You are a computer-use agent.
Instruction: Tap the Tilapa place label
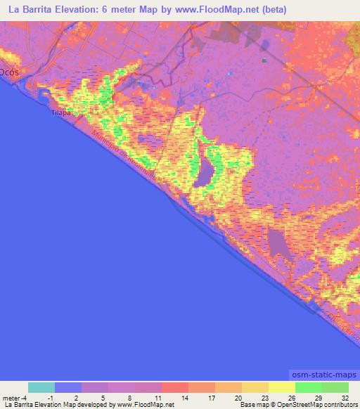click(61, 112)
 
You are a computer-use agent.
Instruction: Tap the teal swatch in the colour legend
click(41, 387)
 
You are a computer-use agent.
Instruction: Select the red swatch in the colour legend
click(174, 387)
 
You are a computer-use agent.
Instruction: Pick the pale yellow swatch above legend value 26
click(281, 387)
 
